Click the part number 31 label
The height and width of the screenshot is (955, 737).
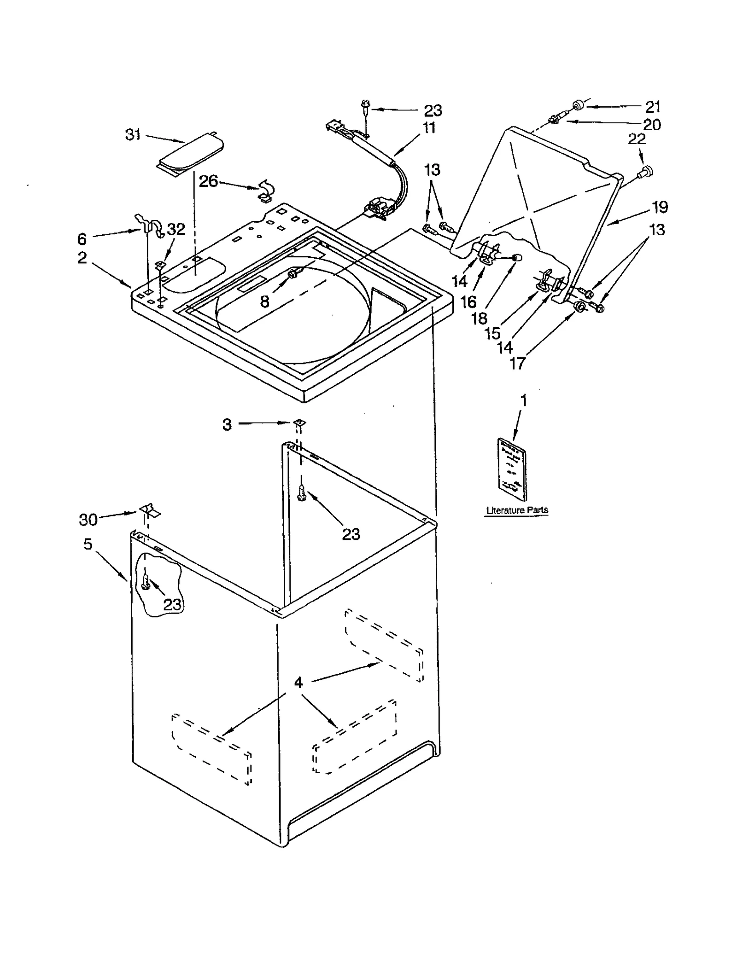[x=133, y=134]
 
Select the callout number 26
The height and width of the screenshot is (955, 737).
[x=208, y=181]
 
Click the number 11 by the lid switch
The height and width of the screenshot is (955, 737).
[x=429, y=127]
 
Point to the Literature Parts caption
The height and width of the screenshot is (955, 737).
[x=517, y=510]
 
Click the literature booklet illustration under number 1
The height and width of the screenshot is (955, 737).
[x=511, y=469]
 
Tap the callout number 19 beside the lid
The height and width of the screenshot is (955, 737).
[x=660, y=207]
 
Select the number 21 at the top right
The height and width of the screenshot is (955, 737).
[x=653, y=107]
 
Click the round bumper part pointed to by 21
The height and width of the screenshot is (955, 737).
[x=578, y=106]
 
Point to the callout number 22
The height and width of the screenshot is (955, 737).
[x=637, y=139]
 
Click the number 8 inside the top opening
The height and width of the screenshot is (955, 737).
[x=264, y=302]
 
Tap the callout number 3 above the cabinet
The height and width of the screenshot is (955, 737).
[x=227, y=424]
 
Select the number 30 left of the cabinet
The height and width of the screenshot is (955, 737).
[x=88, y=520]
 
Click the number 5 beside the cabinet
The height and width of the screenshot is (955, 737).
[x=88, y=544]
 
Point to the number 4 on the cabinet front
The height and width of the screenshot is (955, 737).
[x=298, y=682]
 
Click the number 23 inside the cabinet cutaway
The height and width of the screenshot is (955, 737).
[x=172, y=604]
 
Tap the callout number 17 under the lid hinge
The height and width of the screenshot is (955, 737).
[x=517, y=364]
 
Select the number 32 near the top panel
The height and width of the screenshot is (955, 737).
[x=175, y=229]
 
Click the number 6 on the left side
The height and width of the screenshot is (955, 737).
[x=82, y=239]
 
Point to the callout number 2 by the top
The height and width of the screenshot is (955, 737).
[x=82, y=258]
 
